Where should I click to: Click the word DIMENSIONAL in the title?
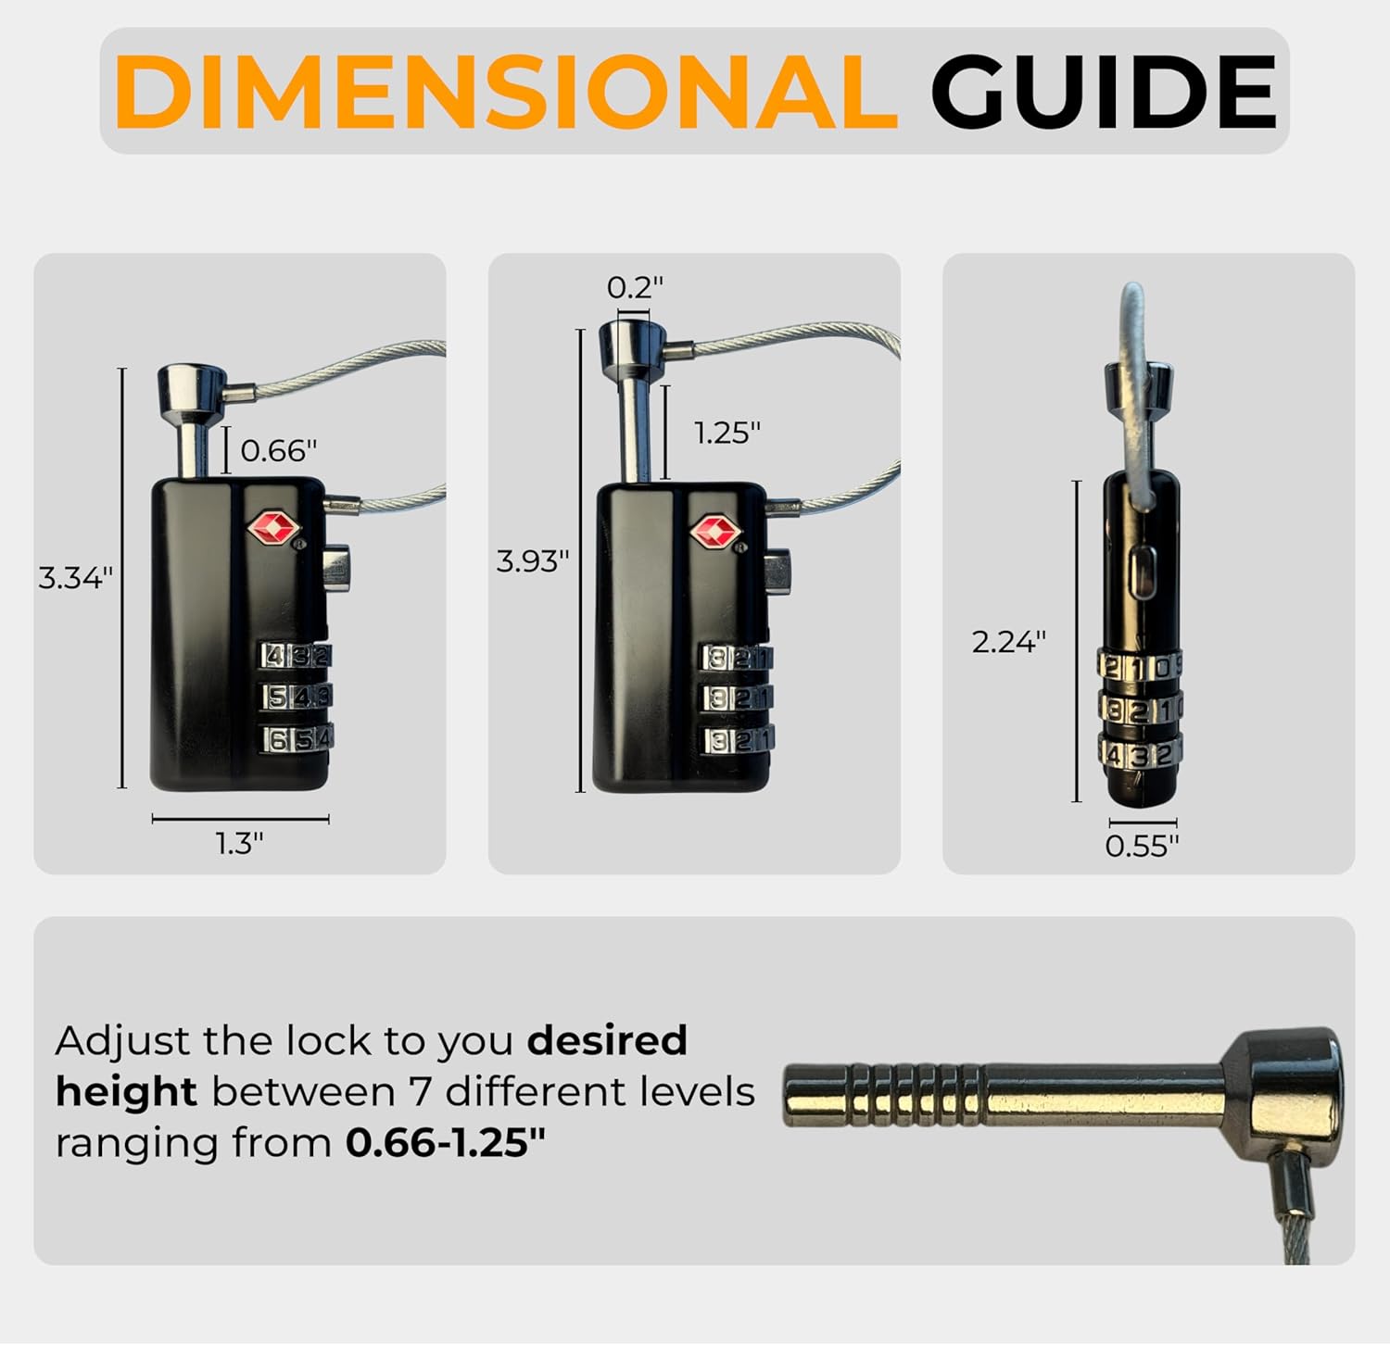(505, 93)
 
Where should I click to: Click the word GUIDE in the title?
(1103, 93)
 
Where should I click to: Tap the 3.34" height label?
(75, 578)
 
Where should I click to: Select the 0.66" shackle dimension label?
(278, 451)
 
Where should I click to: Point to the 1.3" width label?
(240, 844)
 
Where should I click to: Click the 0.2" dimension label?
(635, 288)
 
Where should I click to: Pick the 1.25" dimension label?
(727, 433)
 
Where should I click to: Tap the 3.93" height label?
(533, 561)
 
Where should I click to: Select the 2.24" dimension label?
(1008, 641)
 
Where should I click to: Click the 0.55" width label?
(1142, 846)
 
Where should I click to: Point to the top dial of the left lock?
(296, 656)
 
